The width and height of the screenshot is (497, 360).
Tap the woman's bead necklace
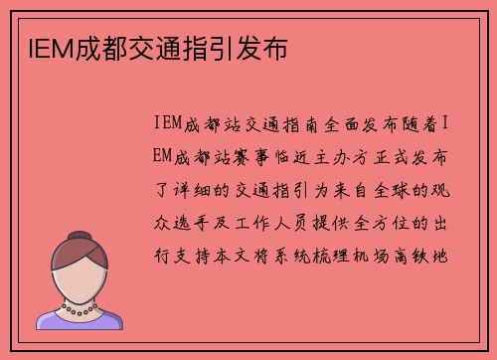click(82, 309)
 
